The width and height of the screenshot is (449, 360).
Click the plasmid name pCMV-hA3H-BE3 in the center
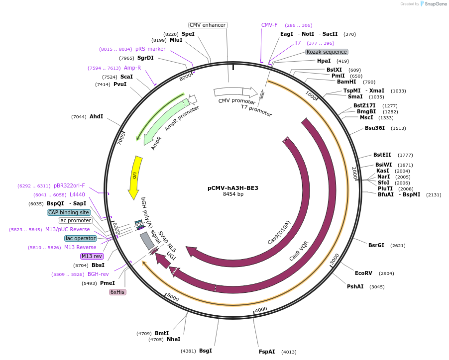pyautogui.click(x=232, y=188)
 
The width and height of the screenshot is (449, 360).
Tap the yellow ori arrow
pyautogui.click(x=135, y=176)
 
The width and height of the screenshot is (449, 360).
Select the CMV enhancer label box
pyautogui.click(x=208, y=25)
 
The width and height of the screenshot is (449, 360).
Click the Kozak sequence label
pyautogui.click(x=327, y=52)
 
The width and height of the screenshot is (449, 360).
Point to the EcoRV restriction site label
pyautogui.click(x=363, y=273)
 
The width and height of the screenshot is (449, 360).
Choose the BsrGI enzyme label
pyautogui.click(x=376, y=245)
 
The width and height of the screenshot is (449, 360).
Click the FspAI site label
pyautogui.click(x=267, y=352)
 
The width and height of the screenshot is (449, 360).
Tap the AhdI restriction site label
pyautogui.click(x=96, y=116)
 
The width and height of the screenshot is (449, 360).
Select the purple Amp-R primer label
pyautogui.click(x=132, y=68)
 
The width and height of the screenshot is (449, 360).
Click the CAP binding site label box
pyautogui.click(x=69, y=212)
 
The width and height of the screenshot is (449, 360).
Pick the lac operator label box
pyautogui.click(x=80, y=238)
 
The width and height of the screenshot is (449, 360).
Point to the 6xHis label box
pyautogui.click(x=117, y=292)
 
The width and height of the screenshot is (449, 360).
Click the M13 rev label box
pyautogui.click(x=92, y=256)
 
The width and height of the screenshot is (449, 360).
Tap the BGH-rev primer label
pyautogui.click(x=98, y=274)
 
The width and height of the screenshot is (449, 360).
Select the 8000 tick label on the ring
pyautogui.click(x=186, y=77)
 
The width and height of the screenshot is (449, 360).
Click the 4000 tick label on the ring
pyautogui.click(x=261, y=309)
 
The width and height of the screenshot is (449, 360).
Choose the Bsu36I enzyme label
pyautogui.click(x=375, y=128)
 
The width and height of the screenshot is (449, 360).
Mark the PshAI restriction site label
pyautogui.click(x=355, y=286)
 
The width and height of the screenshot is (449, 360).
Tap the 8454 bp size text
pyautogui.click(x=233, y=194)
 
